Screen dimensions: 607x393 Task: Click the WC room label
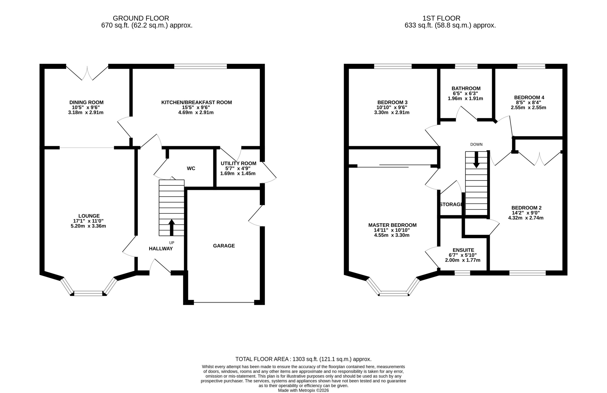[x=191, y=168]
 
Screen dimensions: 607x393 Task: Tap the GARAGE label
[x=224, y=246]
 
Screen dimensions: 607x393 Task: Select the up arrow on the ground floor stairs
[x=172, y=227]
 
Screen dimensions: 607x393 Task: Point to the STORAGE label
[x=451, y=204]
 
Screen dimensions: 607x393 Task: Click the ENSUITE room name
[x=463, y=250]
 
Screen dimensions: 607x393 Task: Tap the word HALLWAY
[x=161, y=249]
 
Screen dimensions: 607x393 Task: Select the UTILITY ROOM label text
[x=239, y=163]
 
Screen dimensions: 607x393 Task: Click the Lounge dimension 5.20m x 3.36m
[x=88, y=226]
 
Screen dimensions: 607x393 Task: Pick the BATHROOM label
[x=466, y=88]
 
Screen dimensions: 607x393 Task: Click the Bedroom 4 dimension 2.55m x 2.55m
[x=529, y=107]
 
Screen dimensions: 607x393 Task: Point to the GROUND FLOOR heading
[x=141, y=18]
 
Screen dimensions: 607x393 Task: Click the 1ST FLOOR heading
[x=441, y=18]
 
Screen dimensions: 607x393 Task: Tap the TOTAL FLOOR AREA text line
[x=303, y=359]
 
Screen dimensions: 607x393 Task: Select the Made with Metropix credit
[x=303, y=390]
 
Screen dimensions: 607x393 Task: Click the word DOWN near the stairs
[x=476, y=144]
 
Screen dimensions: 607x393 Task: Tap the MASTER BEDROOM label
[x=392, y=225]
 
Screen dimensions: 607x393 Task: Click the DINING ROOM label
[x=87, y=102]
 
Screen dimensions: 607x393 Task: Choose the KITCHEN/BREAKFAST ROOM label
[x=197, y=102]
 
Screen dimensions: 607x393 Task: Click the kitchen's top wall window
[x=200, y=66]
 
